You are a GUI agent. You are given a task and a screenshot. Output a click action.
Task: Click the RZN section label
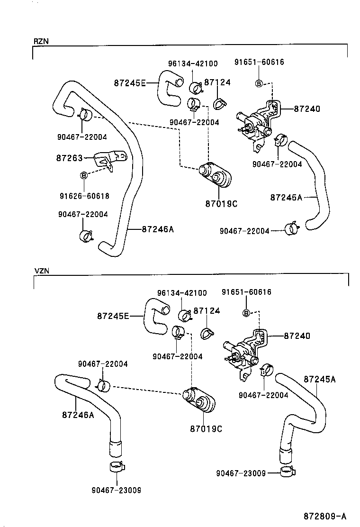point(41,42)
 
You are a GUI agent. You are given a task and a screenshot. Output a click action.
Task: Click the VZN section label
point(42,271)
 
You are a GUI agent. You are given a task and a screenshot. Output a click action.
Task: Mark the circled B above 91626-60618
point(84,175)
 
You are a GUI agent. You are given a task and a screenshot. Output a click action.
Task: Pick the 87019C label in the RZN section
point(221,204)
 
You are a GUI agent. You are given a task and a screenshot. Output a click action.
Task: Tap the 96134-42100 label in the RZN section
point(193,64)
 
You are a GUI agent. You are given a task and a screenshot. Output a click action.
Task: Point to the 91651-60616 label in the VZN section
point(247,292)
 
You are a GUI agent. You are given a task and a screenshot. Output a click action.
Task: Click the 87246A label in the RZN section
point(158,229)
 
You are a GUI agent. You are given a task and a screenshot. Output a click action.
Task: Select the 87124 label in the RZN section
point(217,82)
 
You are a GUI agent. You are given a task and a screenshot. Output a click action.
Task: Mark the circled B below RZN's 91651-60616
point(259,84)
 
